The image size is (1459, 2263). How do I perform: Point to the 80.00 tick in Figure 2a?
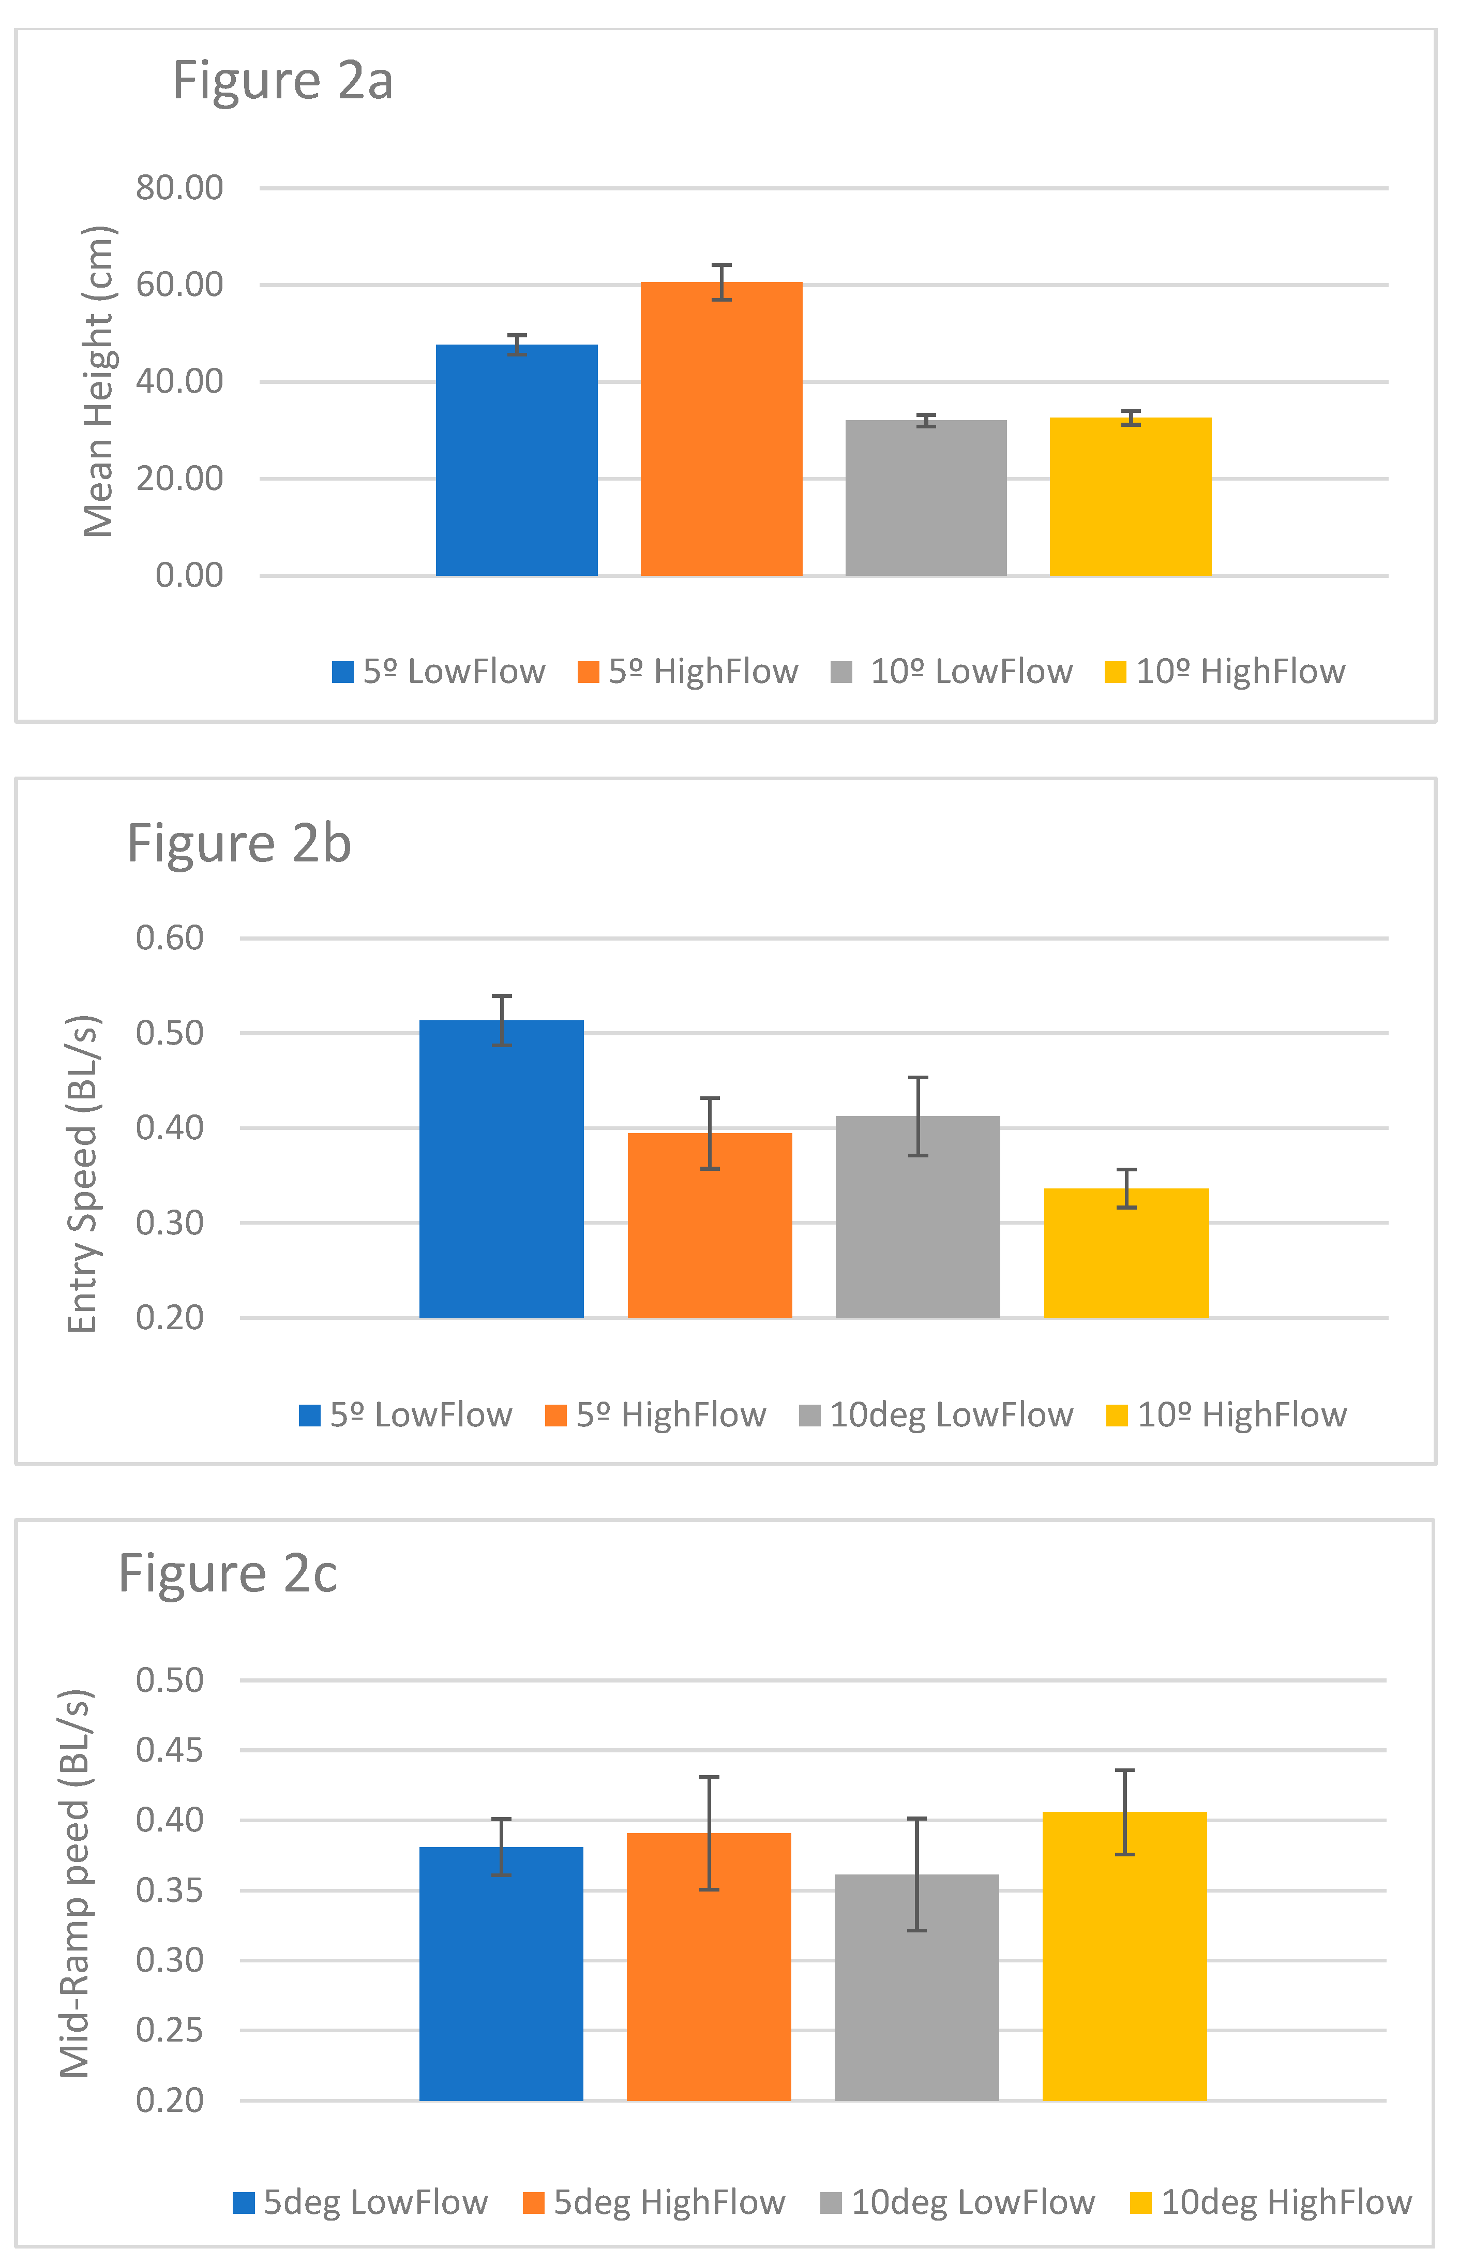pos(179,188)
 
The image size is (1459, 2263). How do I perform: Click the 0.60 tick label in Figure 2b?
pos(170,938)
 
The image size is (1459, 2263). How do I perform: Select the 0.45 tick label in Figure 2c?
pos(170,1750)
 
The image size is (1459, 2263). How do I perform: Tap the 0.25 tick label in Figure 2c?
pos(170,2031)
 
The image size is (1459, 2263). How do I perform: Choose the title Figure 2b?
pos(239,843)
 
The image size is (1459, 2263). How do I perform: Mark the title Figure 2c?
pos(228,1574)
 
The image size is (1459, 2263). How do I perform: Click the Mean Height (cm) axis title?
pos(99,381)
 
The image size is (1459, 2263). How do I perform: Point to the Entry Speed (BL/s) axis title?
pos(83,1174)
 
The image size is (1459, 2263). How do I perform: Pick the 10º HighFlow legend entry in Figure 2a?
pos(1226,672)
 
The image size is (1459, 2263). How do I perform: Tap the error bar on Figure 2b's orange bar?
pos(710,1134)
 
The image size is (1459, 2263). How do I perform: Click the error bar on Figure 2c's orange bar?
pos(709,1833)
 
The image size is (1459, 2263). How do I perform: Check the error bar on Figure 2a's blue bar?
pos(516,345)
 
